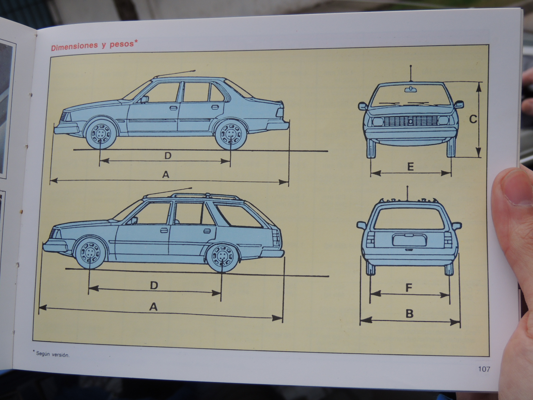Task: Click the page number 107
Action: point(484,369)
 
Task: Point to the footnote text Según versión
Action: point(54,354)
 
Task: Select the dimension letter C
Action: point(473,119)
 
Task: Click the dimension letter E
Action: point(410,166)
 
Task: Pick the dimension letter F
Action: point(409,287)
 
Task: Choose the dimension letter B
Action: point(409,313)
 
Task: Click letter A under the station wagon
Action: point(153,306)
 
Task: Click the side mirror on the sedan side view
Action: point(145,99)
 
